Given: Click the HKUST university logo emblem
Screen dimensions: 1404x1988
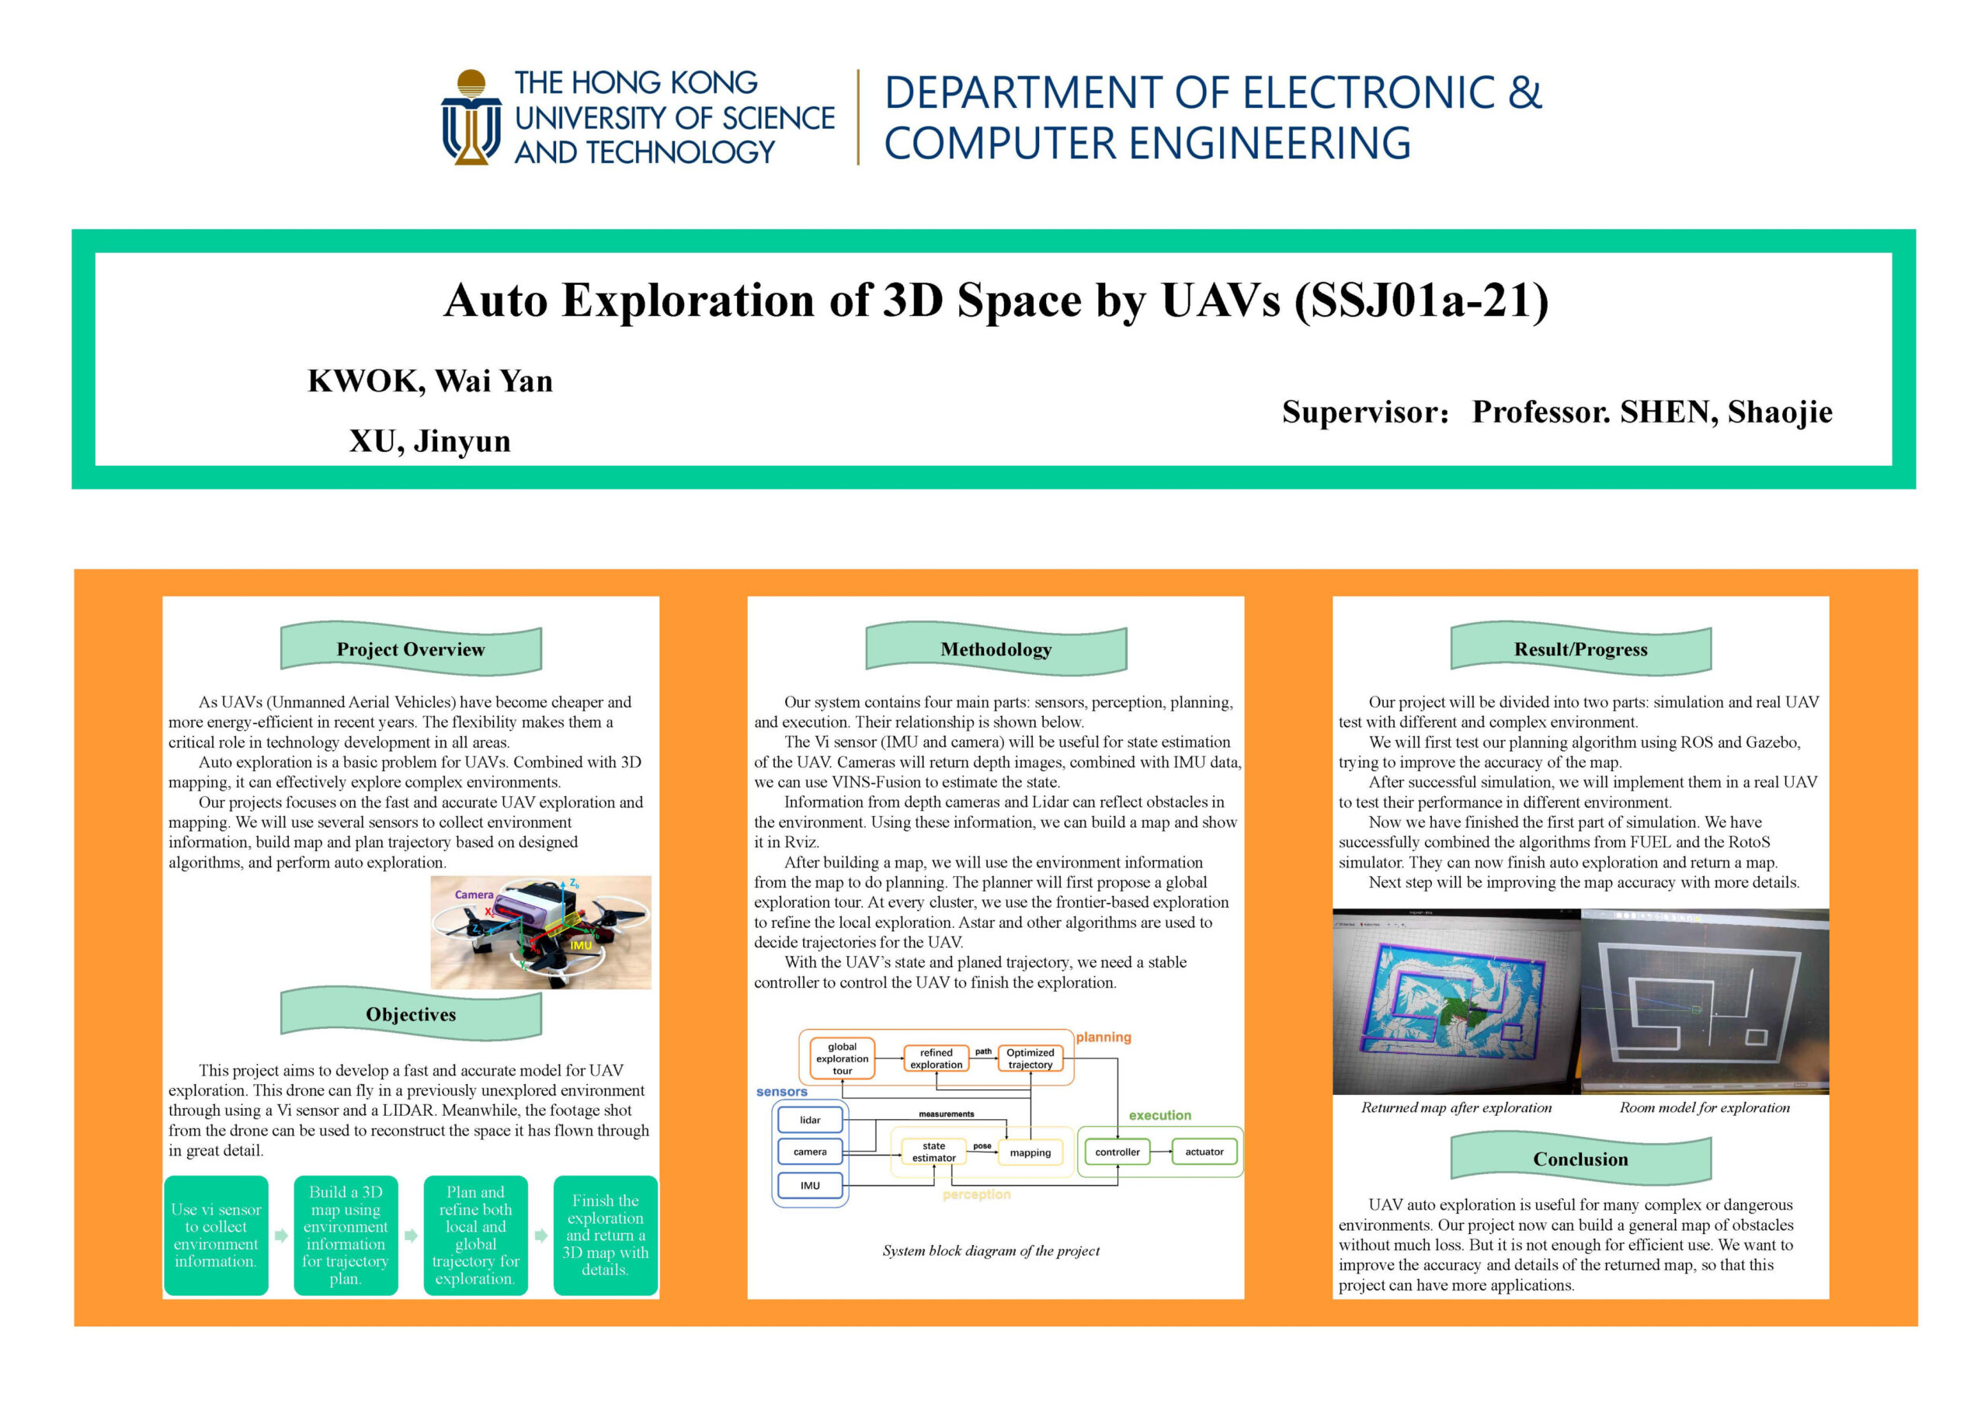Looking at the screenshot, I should point(471,116).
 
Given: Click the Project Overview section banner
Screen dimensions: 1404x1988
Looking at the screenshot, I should point(411,649).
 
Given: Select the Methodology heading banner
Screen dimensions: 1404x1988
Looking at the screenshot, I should point(996,649).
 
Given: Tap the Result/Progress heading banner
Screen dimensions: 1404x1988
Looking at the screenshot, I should point(1580,649).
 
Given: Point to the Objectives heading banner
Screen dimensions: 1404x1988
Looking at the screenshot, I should point(411,1014).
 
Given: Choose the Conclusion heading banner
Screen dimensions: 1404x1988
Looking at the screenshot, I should point(1580,1159).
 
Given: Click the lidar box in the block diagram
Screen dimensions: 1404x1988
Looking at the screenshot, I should point(810,1120).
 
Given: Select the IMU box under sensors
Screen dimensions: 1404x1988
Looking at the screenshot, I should point(810,1186).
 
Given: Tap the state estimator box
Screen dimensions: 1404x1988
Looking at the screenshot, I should point(933,1152).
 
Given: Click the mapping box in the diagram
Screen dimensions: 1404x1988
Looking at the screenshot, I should point(1030,1153).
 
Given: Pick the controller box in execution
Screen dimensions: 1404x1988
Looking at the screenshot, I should point(1117,1152).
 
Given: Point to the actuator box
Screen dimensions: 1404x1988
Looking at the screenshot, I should point(1204,1152).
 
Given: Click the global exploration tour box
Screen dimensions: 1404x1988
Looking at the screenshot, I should point(842,1058).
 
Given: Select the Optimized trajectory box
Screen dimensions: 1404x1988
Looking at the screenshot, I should point(1030,1058).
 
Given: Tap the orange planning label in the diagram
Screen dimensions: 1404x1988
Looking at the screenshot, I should point(1103,1037).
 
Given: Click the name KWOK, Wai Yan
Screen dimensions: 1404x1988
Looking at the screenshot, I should point(430,381).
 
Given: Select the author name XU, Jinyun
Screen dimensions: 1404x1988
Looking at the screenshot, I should point(430,441).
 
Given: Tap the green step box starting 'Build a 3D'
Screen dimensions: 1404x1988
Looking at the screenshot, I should point(346,1235).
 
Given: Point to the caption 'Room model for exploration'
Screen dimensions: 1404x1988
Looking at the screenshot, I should point(1704,1108).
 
